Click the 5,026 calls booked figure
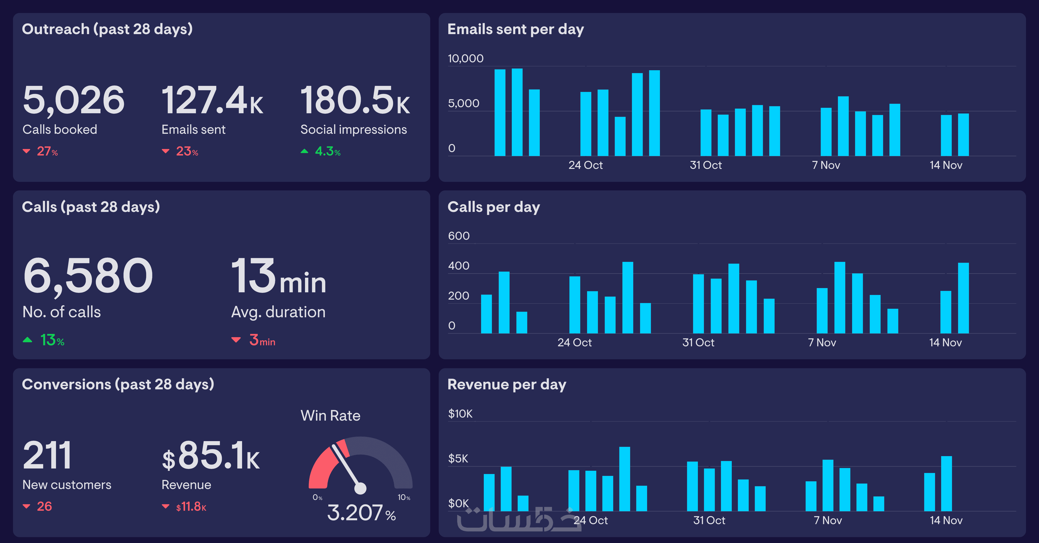pyautogui.click(x=73, y=100)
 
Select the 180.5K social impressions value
pyautogui.click(x=355, y=100)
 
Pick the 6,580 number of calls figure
pyautogui.click(x=88, y=276)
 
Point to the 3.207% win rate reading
pyautogui.click(x=361, y=513)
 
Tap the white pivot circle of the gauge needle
pyautogui.click(x=360, y=488)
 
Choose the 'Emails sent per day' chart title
pyautogui.click(x=515, y=29)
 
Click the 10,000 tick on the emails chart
pyautogui.click(x=466, y=58)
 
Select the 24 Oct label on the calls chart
pyautogui.click(x=574, y=342)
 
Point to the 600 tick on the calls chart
pyautogui.click(x=459, y=236)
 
